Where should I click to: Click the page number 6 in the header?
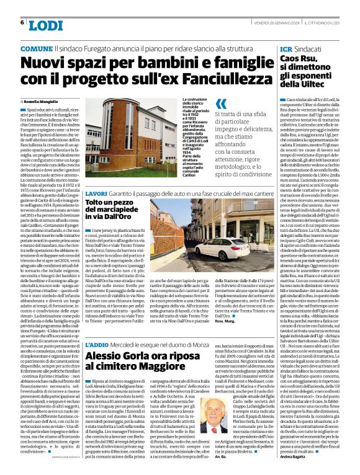(x=22, y=22)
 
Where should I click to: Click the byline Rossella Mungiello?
(x=41, y=100)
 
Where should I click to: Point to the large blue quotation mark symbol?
(x=220, y=105)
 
